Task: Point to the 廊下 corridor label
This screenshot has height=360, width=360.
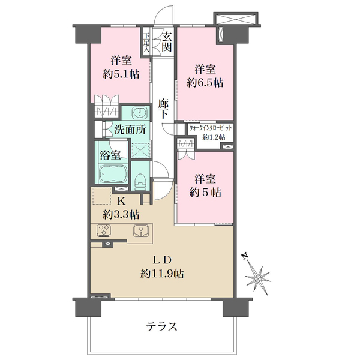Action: click(x=163, y=108)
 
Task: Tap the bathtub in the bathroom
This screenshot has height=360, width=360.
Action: click(x=112, y=175)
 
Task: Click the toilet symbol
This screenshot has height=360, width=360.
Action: click(x=140, y=178)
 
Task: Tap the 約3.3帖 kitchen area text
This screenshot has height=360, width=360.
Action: click(x=121, y=214)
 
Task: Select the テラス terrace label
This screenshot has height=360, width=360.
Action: click(x=161, y=327)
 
